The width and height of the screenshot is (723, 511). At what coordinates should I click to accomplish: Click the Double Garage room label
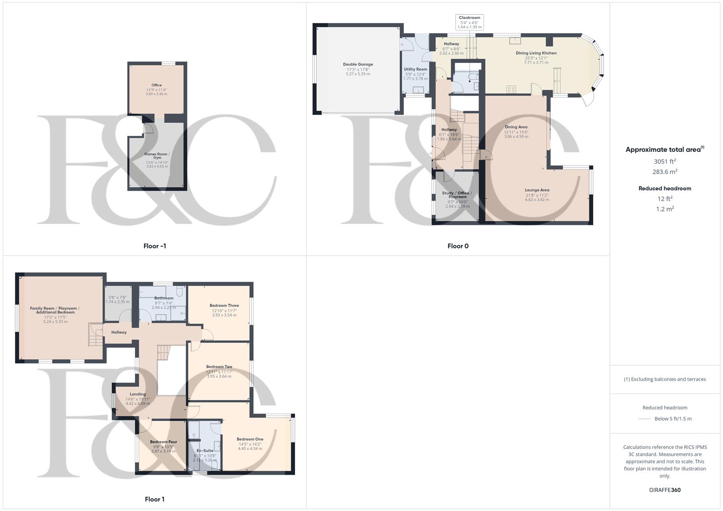358,64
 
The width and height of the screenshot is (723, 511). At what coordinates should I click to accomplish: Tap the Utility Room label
415,69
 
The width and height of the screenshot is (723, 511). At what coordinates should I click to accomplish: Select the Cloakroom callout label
469,18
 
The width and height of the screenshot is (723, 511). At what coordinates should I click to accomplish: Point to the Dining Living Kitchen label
536,53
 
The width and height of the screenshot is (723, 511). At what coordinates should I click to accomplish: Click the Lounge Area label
537,190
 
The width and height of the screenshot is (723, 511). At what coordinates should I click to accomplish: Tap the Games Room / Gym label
157,156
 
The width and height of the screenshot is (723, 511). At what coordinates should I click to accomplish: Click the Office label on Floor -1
156,85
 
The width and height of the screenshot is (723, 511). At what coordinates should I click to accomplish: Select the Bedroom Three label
224,306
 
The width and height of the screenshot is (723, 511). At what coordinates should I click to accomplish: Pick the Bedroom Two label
219,367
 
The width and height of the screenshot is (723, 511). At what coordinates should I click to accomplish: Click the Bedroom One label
250,439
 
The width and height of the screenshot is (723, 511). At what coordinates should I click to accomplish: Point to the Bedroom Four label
163,442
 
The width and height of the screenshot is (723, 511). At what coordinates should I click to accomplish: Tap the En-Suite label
205,450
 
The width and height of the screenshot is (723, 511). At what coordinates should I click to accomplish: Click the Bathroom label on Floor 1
164,298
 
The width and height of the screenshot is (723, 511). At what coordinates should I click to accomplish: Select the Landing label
138,394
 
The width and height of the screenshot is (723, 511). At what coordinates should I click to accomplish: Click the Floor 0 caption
458,246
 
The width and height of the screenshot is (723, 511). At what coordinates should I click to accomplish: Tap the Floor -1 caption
155,246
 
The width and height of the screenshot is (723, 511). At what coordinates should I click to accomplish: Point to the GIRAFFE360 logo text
665,490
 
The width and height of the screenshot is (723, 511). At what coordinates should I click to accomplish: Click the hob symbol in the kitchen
511,88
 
